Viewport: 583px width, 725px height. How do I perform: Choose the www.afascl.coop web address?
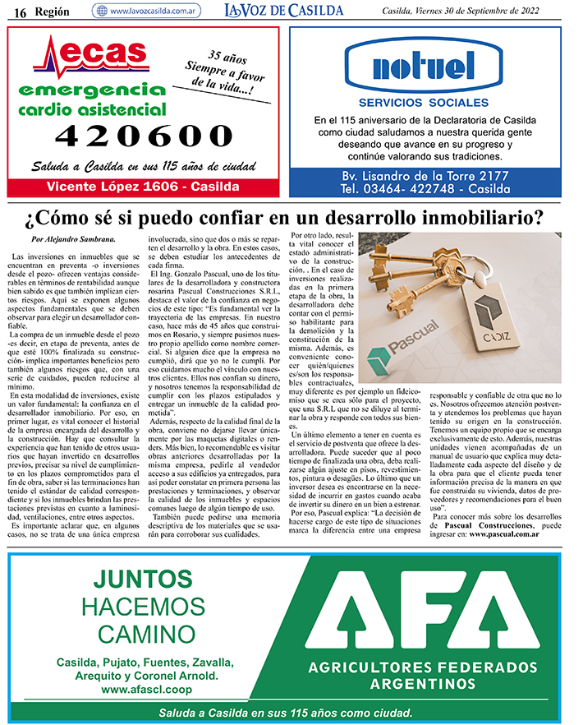145,691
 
